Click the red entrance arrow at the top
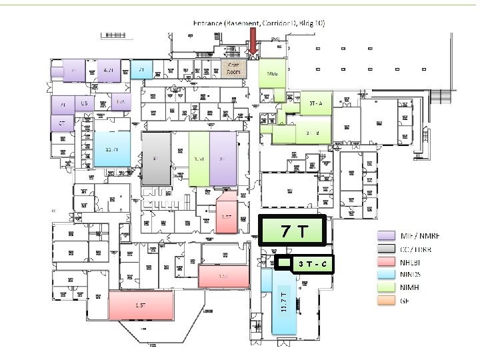(253, 41)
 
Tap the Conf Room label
(234, 68)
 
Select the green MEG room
(272, 74)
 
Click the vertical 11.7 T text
(283, 302)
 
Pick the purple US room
(84, 104)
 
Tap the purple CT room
(62, 123)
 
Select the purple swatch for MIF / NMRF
(385, 236)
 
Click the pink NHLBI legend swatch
(385, 262)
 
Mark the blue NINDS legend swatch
(385, 275)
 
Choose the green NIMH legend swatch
(385, 288)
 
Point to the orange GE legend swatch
(385, 301)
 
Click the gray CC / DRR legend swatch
(385, 249)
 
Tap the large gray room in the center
(156, 159)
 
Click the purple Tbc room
(120, 101)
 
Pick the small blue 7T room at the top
(142, 69)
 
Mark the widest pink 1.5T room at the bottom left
(140, 305)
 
